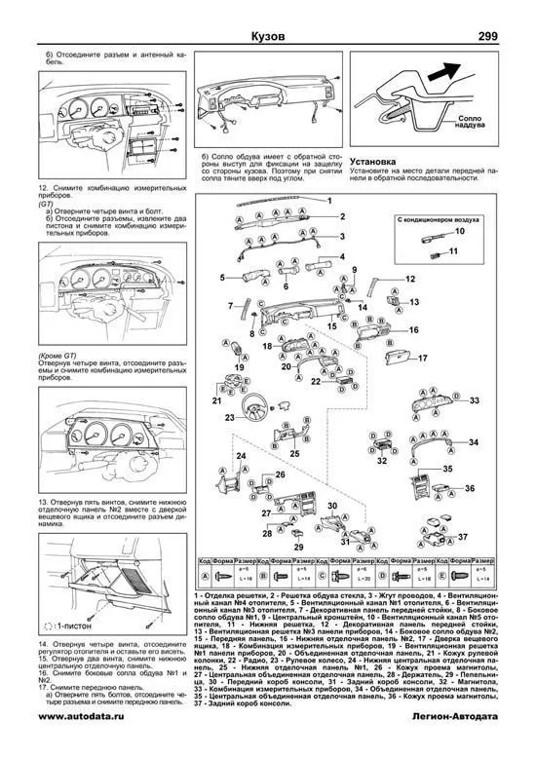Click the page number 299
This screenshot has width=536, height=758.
point(503,37)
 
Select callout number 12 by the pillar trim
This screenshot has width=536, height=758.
point(410,279)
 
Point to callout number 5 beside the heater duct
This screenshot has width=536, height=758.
point(222,278)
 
